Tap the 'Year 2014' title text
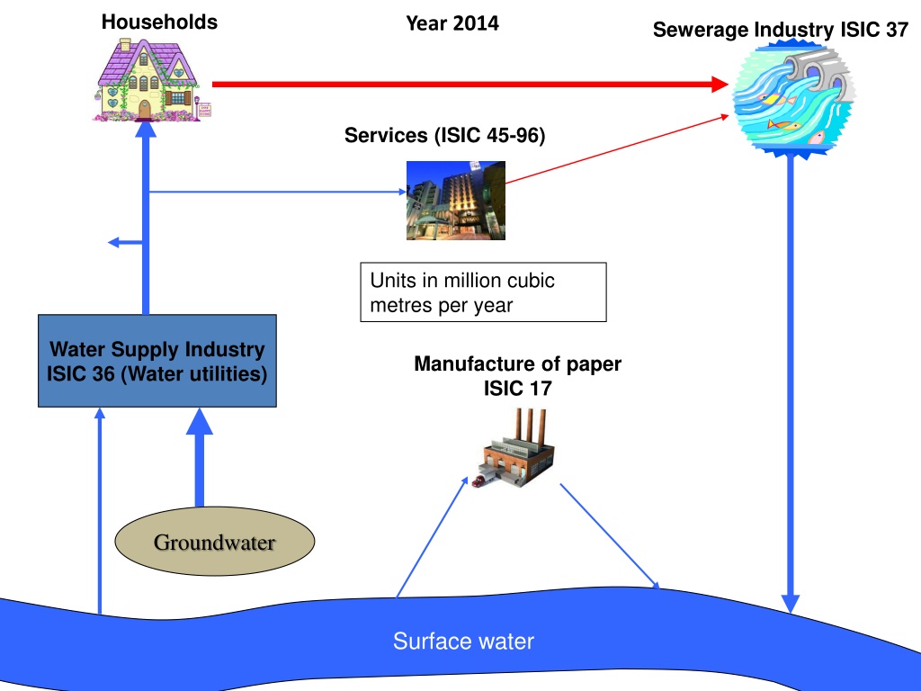click(452, 23)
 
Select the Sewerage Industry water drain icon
click(791, 98)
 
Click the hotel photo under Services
click(455, 200)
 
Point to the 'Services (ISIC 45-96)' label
click(444, 136)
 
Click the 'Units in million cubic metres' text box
click(483, 292)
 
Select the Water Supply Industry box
click(157, 361)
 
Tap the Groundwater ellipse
click(215, 543)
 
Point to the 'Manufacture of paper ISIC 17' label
click(517, 376)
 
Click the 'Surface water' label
click(463, 642)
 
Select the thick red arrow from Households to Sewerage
click(468, 85)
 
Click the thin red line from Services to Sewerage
click(621, 149)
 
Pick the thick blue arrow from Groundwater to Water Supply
click(200, 459)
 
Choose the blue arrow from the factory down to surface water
click(610, 536)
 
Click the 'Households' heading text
click(159, 22)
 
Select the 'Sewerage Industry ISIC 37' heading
click(780, 30)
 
